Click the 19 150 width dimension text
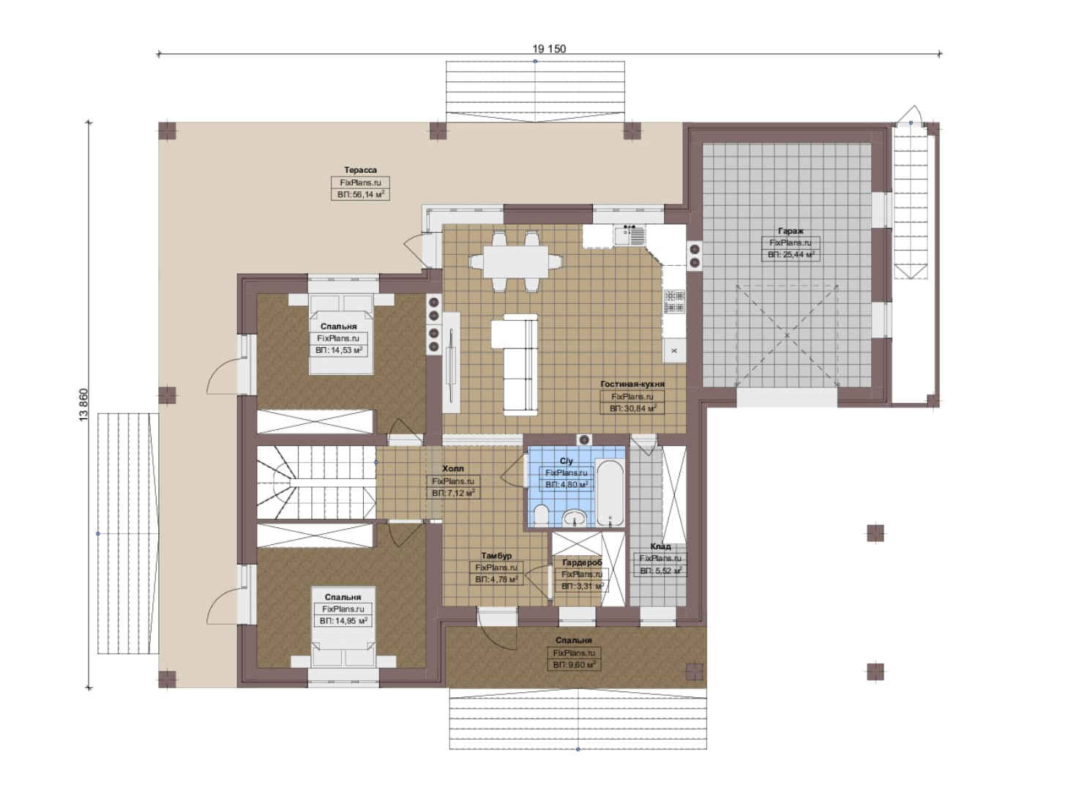(549, 48)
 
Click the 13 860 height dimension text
(83, 405)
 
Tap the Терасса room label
(360, 170)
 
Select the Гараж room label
(791, 231)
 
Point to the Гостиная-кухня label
(632, 385)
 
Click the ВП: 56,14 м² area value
(361, 194)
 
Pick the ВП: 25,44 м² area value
(791, 254)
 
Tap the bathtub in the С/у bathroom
(611, 493)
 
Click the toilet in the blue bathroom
(541, 516)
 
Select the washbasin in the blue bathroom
(574, 518)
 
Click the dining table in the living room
(516, 261)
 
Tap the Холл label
(453, 469)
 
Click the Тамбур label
(496, 556)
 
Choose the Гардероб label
(582, 562)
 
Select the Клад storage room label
(660, 546)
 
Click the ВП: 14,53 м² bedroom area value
(339, 350)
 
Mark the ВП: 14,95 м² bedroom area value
(343, 621)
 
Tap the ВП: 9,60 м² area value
(574, 665)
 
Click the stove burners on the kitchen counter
(674, 301)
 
